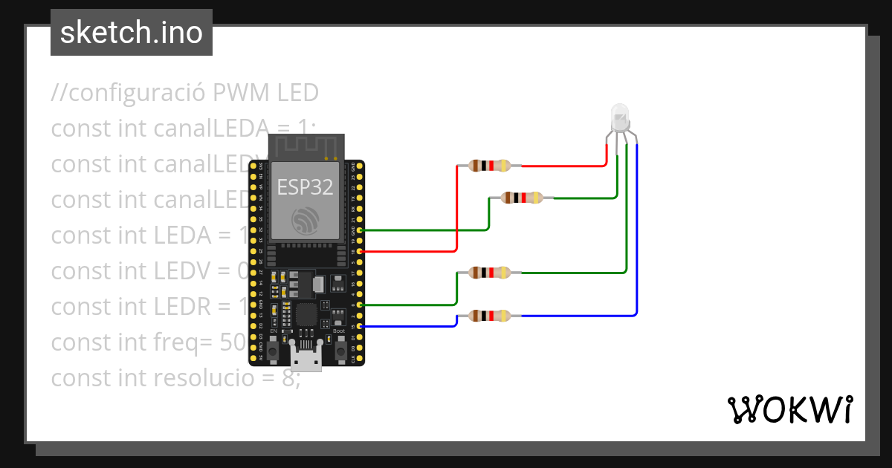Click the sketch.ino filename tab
point(132,33)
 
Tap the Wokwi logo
point(790,409)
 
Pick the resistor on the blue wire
point(490,316)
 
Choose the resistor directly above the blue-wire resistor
point(490,273)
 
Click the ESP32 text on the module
point(305,187)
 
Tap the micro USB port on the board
point(306,360)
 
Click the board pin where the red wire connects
point(360,252)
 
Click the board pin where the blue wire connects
point(360,326)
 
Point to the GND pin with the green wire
point(360,230)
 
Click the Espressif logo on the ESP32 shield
point(306,221)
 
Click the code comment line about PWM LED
point(184,93)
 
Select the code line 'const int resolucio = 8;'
point(175,378)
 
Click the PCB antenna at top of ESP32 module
point(306,147)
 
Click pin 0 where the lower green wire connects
point(360,305)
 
